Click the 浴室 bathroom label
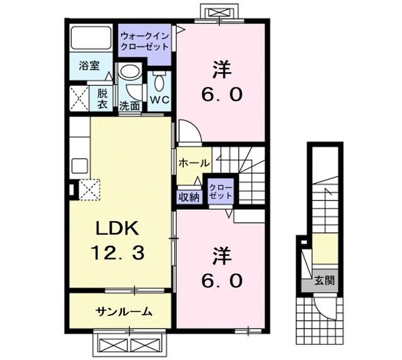[x=88, y=65]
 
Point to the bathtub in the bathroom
[x=90, y=40]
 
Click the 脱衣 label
[x=101, y=97]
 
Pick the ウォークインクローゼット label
[x=144, y=41]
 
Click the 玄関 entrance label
[x=324, y=281]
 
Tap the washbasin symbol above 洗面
[x=131, y=78]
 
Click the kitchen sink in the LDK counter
[x=80, y=166]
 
